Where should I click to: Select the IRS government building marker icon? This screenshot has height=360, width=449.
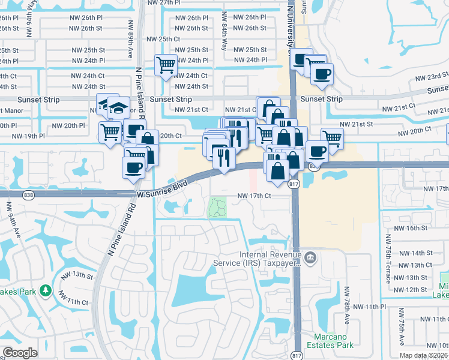click(310, 259)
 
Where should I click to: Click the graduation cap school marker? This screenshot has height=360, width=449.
click(118, 109)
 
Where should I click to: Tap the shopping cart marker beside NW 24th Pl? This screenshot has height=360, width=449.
click(166, 65)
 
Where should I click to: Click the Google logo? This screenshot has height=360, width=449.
click(20, 353)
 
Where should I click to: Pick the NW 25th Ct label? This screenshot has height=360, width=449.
click(163, 39)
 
